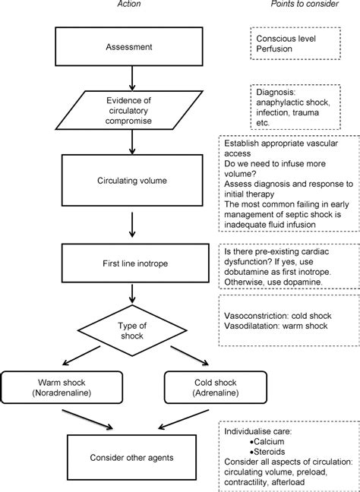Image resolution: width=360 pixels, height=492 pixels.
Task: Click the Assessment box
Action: pos(128,46)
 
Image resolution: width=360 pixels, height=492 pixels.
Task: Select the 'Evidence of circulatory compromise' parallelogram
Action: pos(128,110)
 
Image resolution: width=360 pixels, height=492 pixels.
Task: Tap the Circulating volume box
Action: pos(132,181)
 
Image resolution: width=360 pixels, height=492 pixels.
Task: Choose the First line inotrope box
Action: pos(135,263)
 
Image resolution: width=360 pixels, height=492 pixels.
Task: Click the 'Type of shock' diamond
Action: pos(132,330)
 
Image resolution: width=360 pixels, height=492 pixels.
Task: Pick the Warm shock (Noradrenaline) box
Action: pos(62,387)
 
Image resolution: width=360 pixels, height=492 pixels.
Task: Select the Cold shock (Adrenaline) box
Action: pos(216,387)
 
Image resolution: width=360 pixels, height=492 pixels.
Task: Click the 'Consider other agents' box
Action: pos(132,457)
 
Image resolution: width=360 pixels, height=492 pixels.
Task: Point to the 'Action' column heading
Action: pos(129,4)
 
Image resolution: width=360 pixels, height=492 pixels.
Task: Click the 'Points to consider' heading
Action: pos(305,4)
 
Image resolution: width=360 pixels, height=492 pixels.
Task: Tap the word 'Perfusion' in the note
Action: pos(274,49)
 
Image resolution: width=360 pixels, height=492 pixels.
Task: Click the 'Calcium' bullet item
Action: pos(267,441)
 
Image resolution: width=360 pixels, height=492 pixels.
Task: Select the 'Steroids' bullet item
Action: pos(268,452)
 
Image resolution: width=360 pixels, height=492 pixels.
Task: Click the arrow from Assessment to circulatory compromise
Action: pos(132,78)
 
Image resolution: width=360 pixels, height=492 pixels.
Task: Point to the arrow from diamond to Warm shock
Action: pos(81,356)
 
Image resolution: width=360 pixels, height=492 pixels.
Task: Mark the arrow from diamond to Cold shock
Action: pos(190,356)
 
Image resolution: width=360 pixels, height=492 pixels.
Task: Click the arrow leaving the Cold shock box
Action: pos(183,419)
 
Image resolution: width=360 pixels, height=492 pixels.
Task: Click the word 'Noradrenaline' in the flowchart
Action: pos(62,393)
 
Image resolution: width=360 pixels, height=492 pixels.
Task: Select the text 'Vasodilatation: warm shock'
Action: pos(276,326)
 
